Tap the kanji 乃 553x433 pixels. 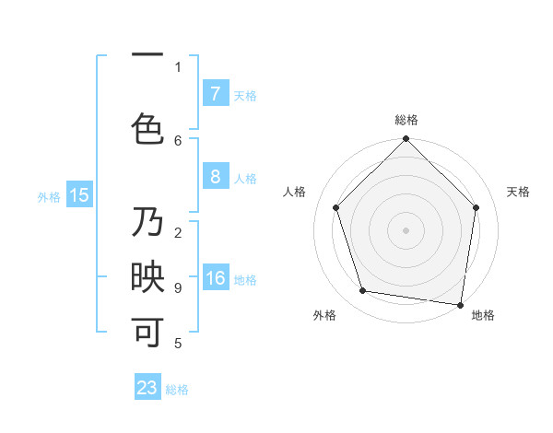point(147,224)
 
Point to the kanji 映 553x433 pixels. point(147,278)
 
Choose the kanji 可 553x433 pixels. point(147,333)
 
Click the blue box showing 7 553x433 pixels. point(215,94)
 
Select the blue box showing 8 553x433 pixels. point(215,177)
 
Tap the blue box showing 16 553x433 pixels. point(215,278)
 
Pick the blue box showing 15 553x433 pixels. point(79,194)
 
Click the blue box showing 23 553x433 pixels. point(147,388)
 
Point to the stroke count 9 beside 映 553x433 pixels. point(178,288)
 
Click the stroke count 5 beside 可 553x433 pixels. point(178,344)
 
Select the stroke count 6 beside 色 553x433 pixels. point(178,140)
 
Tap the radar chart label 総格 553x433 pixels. point(406,120)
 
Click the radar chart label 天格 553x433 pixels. point(518,192)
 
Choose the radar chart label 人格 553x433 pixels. point(295,192)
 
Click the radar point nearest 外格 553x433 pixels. point(363,291)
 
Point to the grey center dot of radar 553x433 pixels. point(406,229)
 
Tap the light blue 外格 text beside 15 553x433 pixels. point(49,196)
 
